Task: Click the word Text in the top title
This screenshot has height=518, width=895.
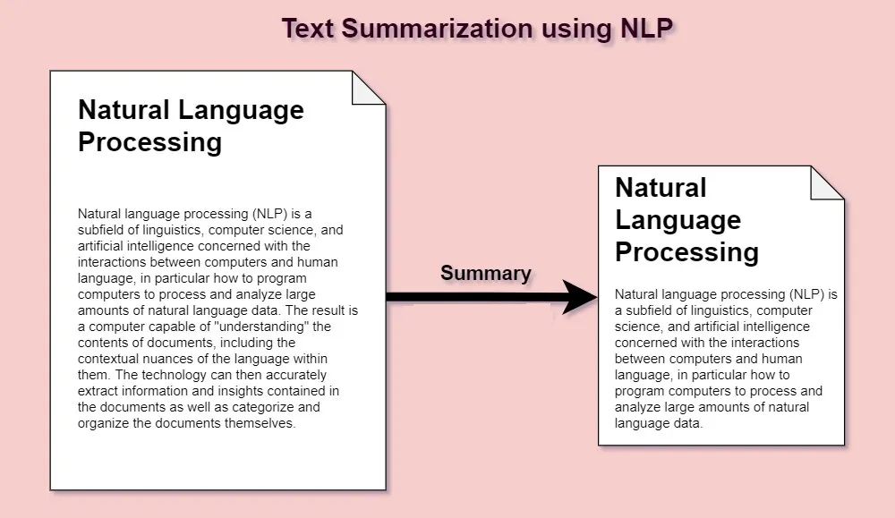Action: click(307, 28)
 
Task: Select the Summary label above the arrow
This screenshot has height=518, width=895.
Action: click(486, 273)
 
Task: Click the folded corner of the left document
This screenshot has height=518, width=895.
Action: click(369, 88)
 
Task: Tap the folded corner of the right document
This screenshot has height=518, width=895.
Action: click(827, 183)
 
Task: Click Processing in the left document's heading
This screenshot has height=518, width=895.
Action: click(149, 142)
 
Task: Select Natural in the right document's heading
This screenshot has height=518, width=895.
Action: click(661, 187)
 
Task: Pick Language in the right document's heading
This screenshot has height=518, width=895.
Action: click(678, 220)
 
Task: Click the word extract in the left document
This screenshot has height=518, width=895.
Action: click(97, 391)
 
